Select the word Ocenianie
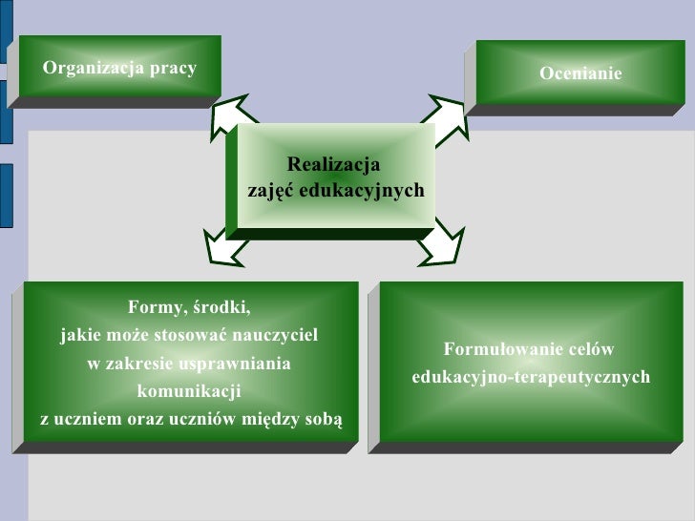coord(580,73)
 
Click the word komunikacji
coord(189,392)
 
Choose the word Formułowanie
coord(498,349)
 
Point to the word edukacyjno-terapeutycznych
coord(531,378)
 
